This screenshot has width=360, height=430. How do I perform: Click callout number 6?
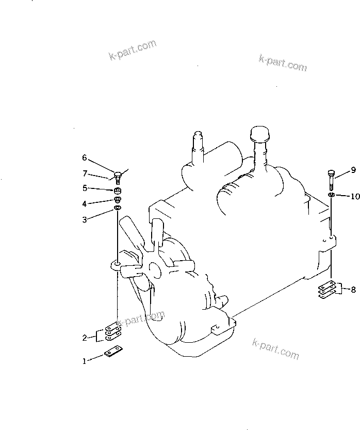85,157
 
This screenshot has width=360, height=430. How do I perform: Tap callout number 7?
85,173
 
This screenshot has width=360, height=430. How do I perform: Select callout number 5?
85,188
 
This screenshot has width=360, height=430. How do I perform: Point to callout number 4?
85,204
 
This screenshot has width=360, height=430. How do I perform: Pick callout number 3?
85,219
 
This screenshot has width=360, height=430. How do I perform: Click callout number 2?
85,338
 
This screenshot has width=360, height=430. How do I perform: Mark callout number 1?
85,361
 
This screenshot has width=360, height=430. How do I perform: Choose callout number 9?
353,170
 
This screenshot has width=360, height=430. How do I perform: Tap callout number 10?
355,196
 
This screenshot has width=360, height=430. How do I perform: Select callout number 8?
353,289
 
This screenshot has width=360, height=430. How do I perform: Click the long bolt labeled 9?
331,180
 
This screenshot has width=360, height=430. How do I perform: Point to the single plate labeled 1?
113,352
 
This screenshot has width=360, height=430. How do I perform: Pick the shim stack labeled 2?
113,332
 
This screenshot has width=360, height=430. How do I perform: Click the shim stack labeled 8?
327,289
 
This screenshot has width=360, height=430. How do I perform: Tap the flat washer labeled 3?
118,208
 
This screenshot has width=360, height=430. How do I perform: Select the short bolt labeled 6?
118,178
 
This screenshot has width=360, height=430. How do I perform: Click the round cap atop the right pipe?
259,133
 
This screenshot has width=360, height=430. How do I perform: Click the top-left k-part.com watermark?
133,50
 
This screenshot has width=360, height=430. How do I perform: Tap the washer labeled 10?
331,195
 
